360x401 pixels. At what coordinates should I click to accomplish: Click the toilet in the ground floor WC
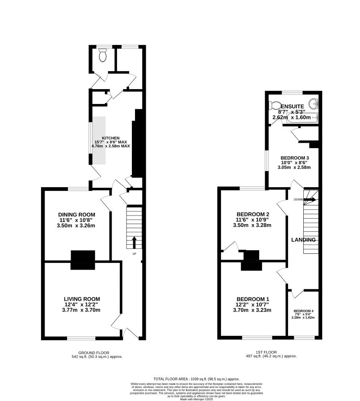click(103, 55)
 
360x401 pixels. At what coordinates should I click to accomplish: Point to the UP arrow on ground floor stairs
click(134, 243)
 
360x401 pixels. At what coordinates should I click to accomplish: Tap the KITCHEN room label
click(111, 138)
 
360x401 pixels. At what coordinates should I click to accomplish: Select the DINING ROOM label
click(76, 214)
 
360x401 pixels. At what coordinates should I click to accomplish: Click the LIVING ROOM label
click(81, 299)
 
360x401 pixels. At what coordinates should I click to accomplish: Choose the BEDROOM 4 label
click(303, 311)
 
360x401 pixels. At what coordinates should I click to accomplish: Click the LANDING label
click(303, 240)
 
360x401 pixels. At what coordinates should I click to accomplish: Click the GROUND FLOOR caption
click(93, 352)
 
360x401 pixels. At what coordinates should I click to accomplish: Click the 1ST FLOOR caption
click(270, 352)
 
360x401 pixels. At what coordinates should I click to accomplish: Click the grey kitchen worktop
click(99, 140)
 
